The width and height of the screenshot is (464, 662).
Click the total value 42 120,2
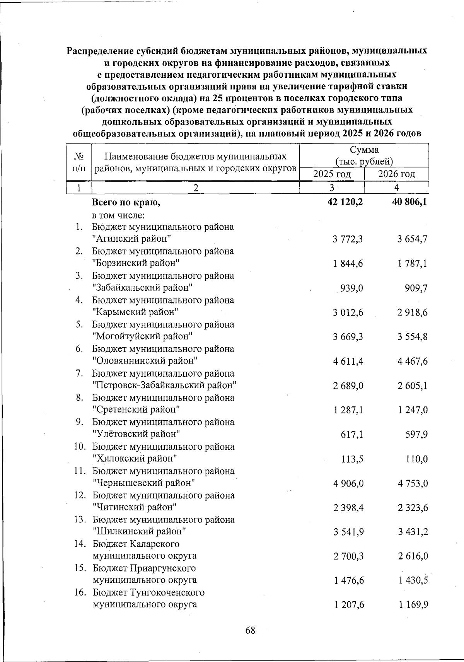pyautogui.click(x=345, y=201)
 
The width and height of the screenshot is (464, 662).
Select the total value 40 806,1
pyautogui.click(x=409, y=201)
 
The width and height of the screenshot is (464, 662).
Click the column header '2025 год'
pyautogui.click(x=332, y=174)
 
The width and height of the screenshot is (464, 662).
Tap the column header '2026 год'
pyautogui.click(x=396, y=174)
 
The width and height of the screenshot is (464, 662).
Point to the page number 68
pyautogui.click(x=250, y=630)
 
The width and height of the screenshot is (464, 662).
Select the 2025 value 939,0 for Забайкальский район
pyautogui.click(x=351, y=288)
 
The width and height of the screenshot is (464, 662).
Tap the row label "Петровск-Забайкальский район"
pyautogui.click(x=164, y=385)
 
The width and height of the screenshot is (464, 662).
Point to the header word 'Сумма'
pyautogui.click(x=364, y=150)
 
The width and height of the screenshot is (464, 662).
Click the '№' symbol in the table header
pyautogui.click(x=79, y=157)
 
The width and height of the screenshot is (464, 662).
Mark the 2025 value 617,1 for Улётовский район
pyautogui.click(x=351, y=435)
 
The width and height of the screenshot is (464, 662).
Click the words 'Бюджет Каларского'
pyautogui.click(x=136, y=544)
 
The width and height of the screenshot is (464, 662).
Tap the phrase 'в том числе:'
pyautogui.click(x=118, y=215)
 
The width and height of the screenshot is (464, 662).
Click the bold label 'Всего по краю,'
pyautogui.click(x=126, y=202)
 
